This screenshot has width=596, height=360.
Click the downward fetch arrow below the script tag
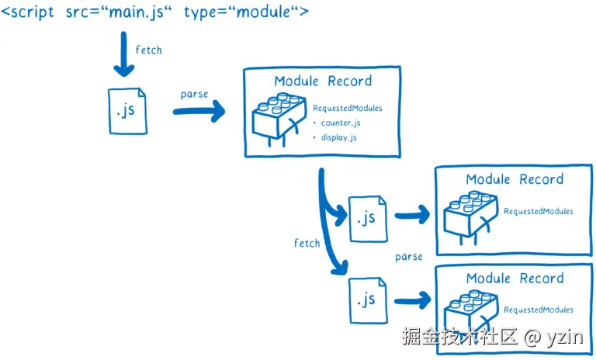click(124, 54)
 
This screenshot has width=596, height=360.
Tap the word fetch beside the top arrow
click(149, 50)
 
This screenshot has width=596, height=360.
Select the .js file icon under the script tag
click(128, 111)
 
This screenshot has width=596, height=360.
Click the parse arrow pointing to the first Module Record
click(199, 111)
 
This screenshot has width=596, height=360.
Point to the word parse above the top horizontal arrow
click(194, 94)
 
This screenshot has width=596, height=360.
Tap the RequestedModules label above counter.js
click(348, 108)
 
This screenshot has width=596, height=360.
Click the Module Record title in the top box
click(323, 81)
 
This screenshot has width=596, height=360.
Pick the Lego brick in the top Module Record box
click(279, 119)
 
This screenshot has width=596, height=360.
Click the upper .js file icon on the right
click(368, 219)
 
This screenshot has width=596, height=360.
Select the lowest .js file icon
click(368, 300)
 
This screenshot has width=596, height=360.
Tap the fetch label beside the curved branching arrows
click(307, 243)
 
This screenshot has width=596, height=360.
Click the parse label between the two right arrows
click(409, 257)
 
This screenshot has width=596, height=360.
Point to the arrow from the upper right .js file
click(412, 215)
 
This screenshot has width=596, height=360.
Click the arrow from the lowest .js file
click(412, 301)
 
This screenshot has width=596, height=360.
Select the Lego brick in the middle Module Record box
click(470, 218)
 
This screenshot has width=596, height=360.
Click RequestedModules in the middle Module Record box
click(539, 211)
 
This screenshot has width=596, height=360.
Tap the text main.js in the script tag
click(137, 12)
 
